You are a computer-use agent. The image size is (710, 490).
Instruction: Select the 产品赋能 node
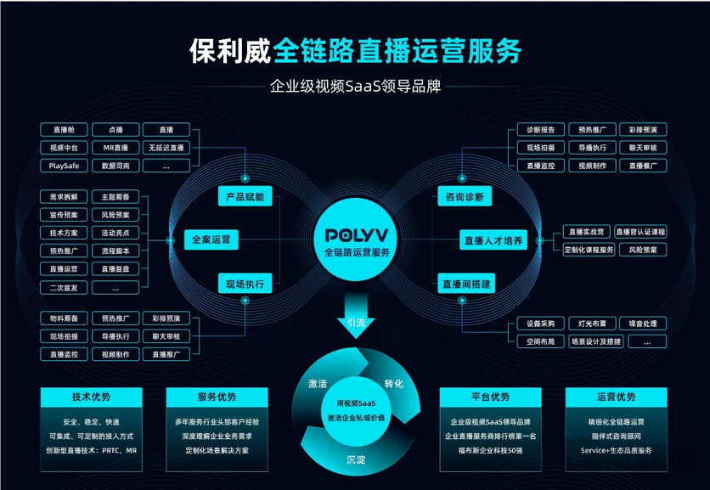pyautogui.click(x=244, y=197)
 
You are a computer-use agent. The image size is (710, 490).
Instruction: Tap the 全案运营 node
pyautogui.click(x=211, y=239)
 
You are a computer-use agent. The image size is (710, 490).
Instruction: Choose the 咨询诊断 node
pyautogui.click(x=465, y=197)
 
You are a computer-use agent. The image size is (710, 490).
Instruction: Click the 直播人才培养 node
pyautogui.click(x=493, y=240)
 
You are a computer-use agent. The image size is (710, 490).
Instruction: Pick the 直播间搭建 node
pyautogui.click(x=467, y=284)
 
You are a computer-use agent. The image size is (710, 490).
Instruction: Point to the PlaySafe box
pyautogui.click(x=64, y=166)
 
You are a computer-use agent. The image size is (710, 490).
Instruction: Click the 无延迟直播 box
pyautogui.click(x=166, y=148)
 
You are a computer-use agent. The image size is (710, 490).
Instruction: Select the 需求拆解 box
pyautogui.click(x=64, y=197)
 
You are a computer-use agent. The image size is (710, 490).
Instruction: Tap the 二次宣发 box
pyautogui.click(x=64, y=288)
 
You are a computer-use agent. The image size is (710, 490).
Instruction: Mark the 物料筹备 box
pyautogui.click(x=64, y=318)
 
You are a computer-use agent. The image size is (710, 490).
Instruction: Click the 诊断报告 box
pyautogui.click(x=541, y=130)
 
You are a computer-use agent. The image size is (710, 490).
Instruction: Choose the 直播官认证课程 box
pyautogui.click(x=641, y=232)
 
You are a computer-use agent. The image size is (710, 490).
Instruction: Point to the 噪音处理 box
pyautogui.click(x=643, y=324)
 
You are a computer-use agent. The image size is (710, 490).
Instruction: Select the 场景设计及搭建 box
pyautogui.click(x=595, y=341)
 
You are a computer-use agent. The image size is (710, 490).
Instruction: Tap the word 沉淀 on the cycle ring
pyautogui.click(x=356, y=459)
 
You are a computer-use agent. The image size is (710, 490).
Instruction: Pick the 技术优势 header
pyautogui.click(x=91, y=397)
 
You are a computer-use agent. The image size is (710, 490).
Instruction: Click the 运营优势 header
pyautogui.click(x=616, y=397)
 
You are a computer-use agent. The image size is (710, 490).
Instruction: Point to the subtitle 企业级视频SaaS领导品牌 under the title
pyautogui.click(x=356, y=86)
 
